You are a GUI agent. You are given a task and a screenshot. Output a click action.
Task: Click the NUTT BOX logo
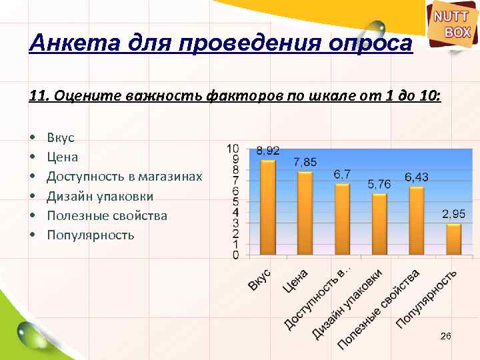click(x=453, y=25)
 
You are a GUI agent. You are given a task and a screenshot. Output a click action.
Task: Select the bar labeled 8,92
click(x=267, y=207)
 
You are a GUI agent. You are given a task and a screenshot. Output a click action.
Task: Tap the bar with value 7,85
click(x=305, y=213)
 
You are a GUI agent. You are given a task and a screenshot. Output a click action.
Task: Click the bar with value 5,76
click(x=379, y=223)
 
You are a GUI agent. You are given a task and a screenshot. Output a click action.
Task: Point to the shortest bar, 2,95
click(x=454, y=239)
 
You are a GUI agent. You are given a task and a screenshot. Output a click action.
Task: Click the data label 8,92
click(x=268, y=151)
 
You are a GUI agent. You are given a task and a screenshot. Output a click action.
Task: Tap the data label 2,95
click(x=454, y=214)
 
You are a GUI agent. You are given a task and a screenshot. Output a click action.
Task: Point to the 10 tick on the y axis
click(x=233, y=148)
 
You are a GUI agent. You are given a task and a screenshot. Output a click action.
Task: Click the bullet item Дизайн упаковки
click(x=100, y=196)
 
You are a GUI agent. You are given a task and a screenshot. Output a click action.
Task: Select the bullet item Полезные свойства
click(x=107, y=215)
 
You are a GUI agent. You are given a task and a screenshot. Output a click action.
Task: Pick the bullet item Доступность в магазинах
click(x=124, y=177)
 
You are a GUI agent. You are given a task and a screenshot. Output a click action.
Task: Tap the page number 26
click(x=445, y=337)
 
